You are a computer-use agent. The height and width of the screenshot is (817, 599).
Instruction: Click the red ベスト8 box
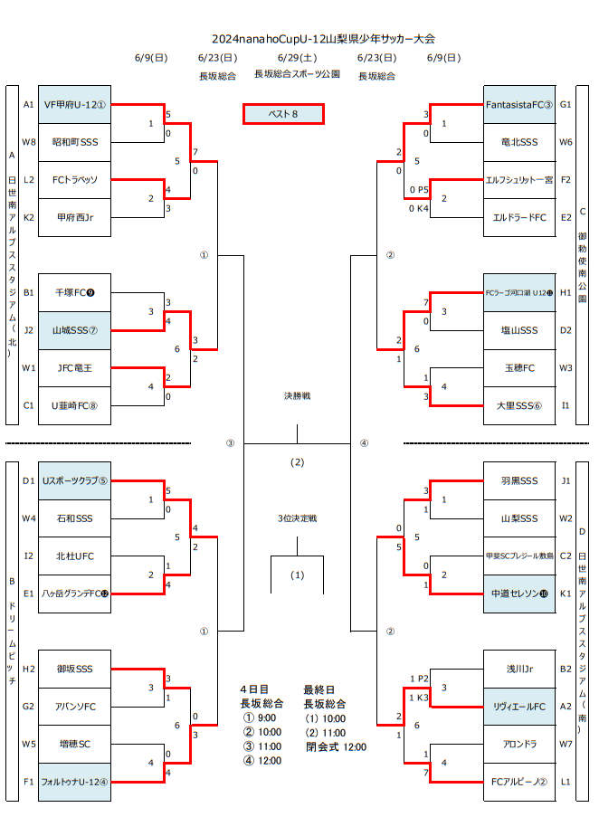coord(283,114)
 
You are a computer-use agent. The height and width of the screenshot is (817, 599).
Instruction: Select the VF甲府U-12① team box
coord(75,104)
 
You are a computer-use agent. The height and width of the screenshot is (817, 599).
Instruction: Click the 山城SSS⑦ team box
coord(75,330)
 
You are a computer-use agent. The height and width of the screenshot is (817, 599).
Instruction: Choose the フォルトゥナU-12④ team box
coord(75,782)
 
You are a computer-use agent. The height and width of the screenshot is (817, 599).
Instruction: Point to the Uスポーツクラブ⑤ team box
coord(75,480)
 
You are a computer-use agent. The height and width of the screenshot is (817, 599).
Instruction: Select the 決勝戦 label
coord(297,396)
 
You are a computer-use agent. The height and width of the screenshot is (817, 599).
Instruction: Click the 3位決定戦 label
coord(297,518)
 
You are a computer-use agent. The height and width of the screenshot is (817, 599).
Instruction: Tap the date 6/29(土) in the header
coord(297,58)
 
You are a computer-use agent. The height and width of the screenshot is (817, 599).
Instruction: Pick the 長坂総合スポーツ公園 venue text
coord(297,75)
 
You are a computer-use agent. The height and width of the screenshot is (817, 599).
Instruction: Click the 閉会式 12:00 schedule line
coord(336,747)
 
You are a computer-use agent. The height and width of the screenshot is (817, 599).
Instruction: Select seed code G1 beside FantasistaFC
coord(566,104)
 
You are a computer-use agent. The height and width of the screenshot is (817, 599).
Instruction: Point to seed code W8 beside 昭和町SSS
coord(29,142)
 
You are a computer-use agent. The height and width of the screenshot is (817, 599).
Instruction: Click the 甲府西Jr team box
coord(75,217)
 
